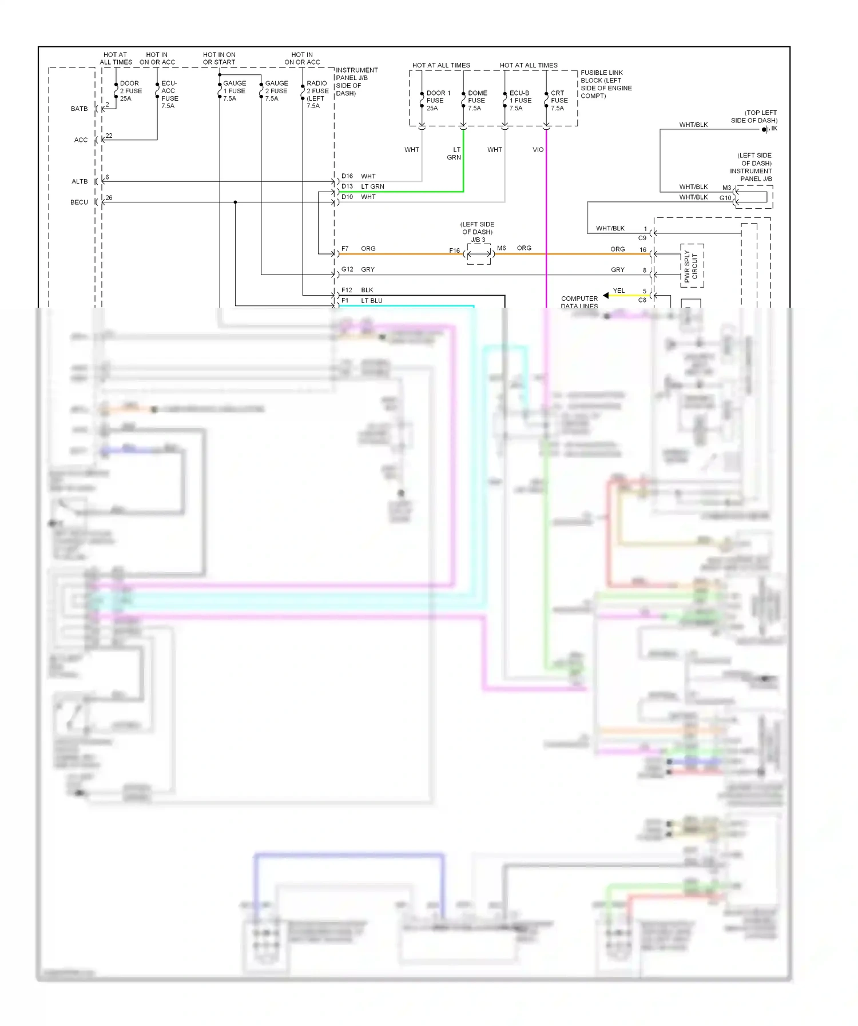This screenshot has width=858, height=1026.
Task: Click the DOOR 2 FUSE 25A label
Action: point(130,91)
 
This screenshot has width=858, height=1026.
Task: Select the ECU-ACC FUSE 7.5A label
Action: point(169,94)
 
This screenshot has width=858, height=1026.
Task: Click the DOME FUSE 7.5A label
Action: point(476,101)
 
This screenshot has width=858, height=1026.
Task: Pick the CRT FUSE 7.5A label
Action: point(557,101)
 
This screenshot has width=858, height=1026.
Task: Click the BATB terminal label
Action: point(80,109)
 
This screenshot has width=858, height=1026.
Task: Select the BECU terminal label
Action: point(79,202)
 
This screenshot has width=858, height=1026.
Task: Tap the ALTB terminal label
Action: point(80,181)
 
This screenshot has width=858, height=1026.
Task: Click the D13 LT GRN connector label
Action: point(363,186)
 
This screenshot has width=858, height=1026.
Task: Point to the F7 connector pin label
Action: point(345,249)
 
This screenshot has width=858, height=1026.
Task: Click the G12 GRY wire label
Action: point(358,269)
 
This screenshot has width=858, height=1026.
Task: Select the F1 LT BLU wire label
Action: point(362,301)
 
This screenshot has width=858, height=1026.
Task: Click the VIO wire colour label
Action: point(538,150)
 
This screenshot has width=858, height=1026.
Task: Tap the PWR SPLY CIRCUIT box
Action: point(692,266)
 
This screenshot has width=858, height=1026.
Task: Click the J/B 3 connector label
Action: point(478,240)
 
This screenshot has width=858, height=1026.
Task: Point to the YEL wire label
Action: point(619,291)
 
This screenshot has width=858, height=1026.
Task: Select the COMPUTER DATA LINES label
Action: point(579,302)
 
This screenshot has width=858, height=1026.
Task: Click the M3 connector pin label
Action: point(726,188)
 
